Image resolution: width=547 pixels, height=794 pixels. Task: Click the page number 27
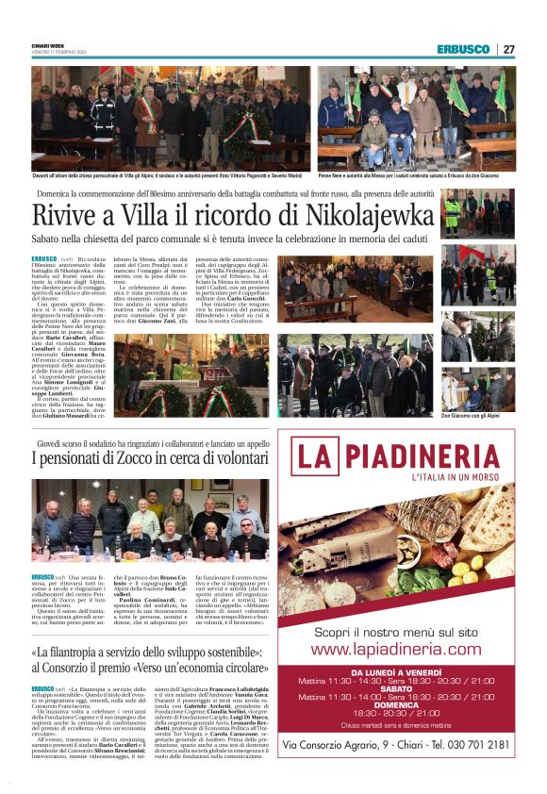pyautogui.click(x=508, y=49)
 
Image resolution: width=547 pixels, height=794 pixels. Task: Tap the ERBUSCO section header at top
pyautogui.click(x=464, y=49)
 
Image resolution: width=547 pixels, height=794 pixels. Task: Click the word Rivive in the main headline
pyautogui.click(x=65, y=211)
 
